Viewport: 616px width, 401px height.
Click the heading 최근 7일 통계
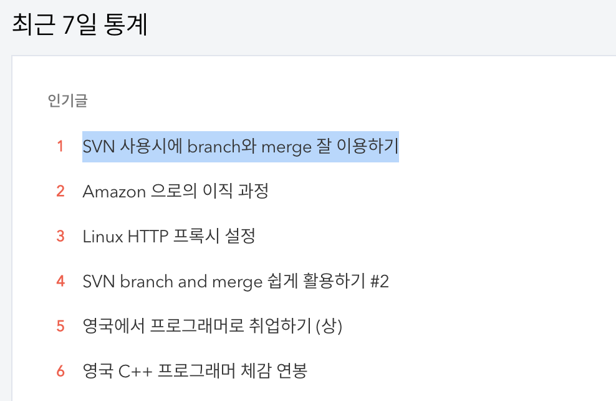point(79,25)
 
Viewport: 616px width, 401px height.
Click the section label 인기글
point(67,101)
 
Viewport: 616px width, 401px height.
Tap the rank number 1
point(60,147)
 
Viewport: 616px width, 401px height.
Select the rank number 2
point(60,191)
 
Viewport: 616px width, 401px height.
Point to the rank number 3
point(60,236)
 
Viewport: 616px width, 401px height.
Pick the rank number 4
point(60,282)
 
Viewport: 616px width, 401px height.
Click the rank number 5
point(60,326)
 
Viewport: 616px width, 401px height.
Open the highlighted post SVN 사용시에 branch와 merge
point(240,147)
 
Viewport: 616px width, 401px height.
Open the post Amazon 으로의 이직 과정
point(175,191)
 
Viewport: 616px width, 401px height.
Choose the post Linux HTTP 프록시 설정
point(168,236)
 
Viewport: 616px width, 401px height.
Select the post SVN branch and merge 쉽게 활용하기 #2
point(235,282)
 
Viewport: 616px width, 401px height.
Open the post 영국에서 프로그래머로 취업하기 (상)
point(212,326)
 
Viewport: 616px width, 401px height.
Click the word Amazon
point(113,191)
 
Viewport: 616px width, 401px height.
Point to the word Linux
point(102,236)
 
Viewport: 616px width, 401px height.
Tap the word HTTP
point(149,236)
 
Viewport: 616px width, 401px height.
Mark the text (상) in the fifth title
point(329,326)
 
